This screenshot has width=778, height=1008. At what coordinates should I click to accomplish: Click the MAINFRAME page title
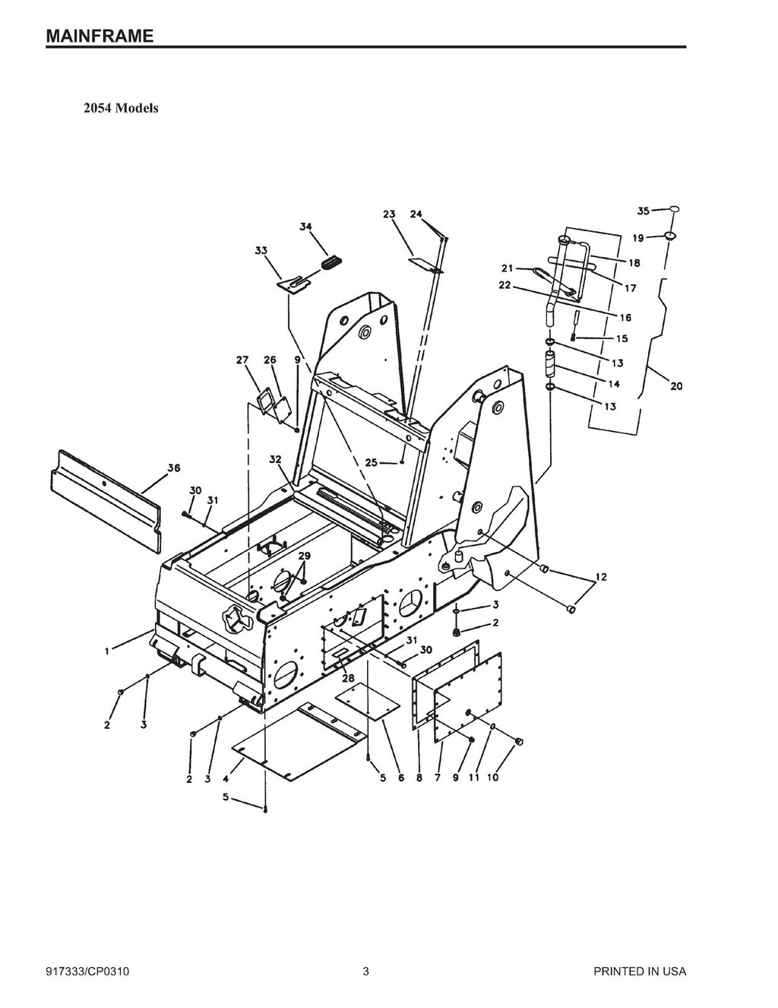point(100,36)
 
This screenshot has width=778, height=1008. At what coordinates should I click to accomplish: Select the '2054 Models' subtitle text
point(121,108)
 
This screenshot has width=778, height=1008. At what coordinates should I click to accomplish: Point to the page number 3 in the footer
point(365,972)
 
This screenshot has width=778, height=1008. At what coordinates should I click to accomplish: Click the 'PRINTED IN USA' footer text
point(640,972)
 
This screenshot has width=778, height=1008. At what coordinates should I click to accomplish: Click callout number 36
point(173,468)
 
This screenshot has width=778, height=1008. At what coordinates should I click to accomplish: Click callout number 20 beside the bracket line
point(675,386)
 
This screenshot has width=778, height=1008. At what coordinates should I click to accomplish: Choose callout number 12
point(600,578)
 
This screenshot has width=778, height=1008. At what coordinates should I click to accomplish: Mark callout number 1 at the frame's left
point(108,651)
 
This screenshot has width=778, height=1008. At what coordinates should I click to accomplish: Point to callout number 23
point(389,214)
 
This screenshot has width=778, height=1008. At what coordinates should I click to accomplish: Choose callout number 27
point(242,360)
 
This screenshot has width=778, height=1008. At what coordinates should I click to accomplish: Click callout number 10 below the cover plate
point(493,777)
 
